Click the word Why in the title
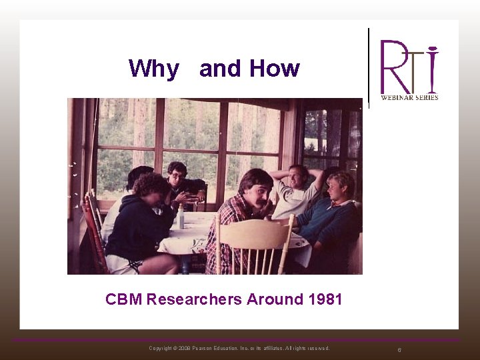pos(154,69)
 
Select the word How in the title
pos(274,68)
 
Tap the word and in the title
pos(221,68)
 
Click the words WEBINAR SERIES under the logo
pos(409,97)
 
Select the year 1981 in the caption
pos(325,299)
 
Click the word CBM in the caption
pos(123,299)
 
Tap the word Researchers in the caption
pos(194,299)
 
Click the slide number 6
pos(399,349)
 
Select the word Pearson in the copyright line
pos(203,348)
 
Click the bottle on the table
pos(179,217)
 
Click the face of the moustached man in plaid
pos(257,190)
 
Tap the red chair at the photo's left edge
pos(93,233)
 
